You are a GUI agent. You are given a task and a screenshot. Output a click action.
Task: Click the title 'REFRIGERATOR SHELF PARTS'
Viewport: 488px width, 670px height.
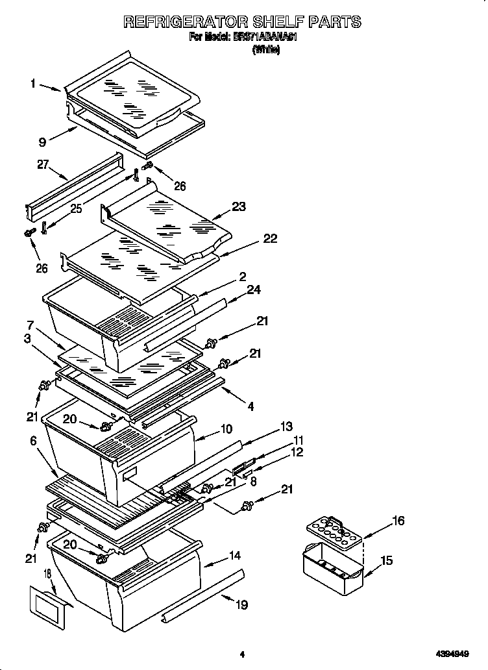[242, 22]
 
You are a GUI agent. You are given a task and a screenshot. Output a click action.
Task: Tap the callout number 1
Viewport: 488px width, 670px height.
[32, 83]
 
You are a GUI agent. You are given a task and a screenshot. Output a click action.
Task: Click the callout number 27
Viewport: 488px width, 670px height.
[43, 166]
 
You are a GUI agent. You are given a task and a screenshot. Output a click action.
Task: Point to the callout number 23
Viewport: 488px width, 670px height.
[239, 208]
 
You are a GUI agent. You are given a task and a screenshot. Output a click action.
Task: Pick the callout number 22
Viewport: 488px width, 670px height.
[269, 239]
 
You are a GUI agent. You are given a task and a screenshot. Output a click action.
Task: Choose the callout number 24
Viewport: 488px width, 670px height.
[254, 290]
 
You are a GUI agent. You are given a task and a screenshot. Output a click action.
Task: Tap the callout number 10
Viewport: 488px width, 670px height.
[226, 429]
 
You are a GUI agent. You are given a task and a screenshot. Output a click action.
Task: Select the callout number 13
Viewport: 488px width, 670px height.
[286, 427]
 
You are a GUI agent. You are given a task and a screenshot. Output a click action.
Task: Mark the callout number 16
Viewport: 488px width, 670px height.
[398, 521]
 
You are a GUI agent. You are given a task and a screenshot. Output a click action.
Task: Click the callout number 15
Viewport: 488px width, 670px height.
[387, 560]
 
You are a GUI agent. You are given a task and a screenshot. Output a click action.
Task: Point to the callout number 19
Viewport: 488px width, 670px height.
[241, 605]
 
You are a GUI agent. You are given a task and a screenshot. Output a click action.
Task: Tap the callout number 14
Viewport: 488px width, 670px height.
[235, 556]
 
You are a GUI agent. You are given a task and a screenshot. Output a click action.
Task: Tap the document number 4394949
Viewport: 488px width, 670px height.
[452, 655]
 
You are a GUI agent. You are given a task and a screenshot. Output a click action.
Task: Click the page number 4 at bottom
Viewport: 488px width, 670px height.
[241, 655]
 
